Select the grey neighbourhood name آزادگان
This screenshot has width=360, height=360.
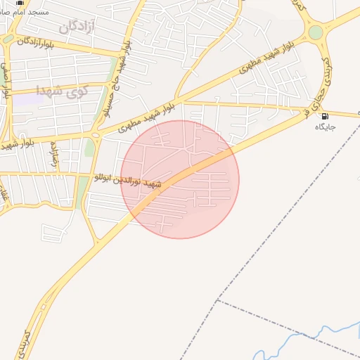77,27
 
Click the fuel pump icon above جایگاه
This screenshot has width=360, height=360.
325,116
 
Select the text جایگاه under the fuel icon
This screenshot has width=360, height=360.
325,127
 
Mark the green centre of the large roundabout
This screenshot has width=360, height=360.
316,32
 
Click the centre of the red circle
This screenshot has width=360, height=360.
180,179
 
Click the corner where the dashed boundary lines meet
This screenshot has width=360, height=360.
217,300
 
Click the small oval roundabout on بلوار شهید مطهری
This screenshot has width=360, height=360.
95,135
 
